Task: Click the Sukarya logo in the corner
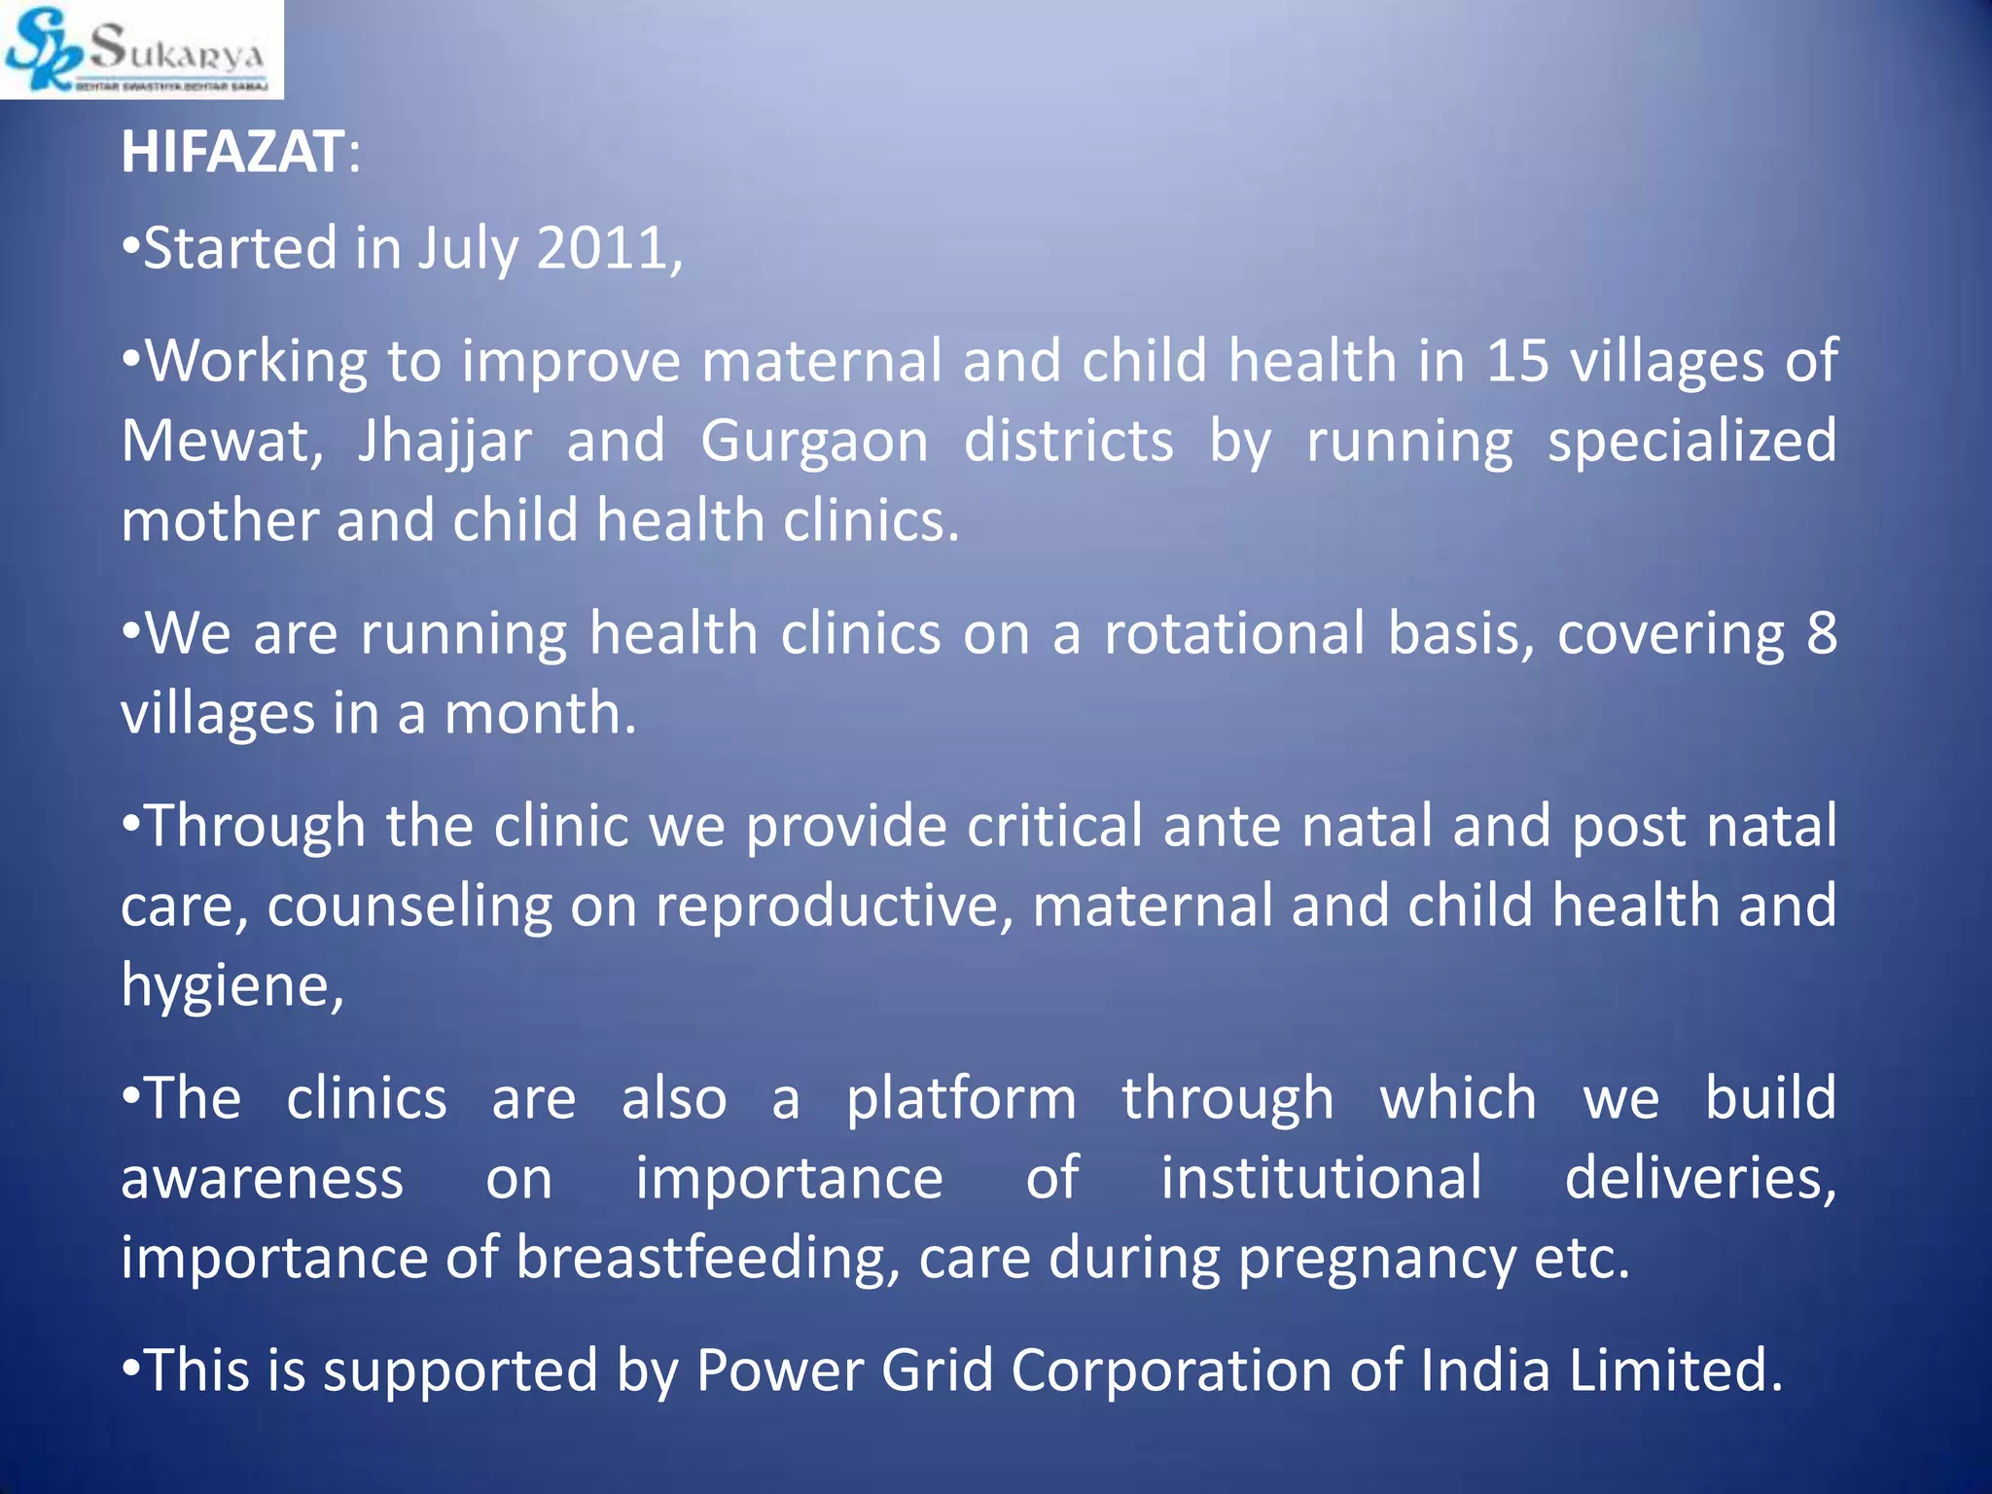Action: click(141, 50)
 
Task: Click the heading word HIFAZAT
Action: click(231, 153)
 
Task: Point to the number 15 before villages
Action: click(1517, 361)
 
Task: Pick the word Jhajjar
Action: click(445, 443)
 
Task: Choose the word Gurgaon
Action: click(814, 443)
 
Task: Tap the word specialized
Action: click(1691, 443)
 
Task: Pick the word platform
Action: click(961, 1100)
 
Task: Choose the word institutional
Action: click(1322, 1178)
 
